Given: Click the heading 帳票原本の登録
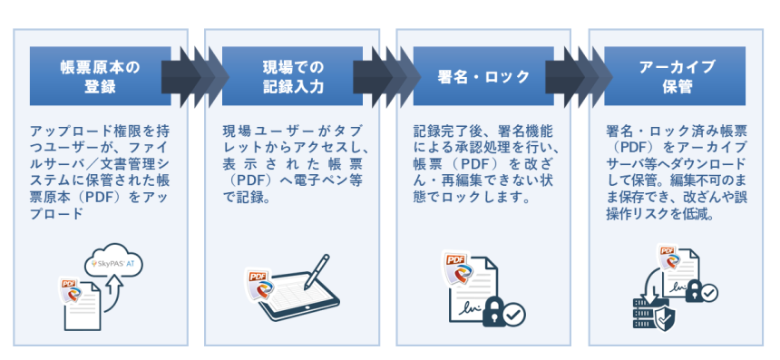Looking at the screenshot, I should pos(100,77).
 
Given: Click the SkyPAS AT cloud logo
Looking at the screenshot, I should pos(112,262).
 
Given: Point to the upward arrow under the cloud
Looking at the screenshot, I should pos(112,289).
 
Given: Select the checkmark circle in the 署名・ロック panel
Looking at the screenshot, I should pos(514,315).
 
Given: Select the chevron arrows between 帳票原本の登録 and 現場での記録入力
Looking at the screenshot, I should pos(194,76).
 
